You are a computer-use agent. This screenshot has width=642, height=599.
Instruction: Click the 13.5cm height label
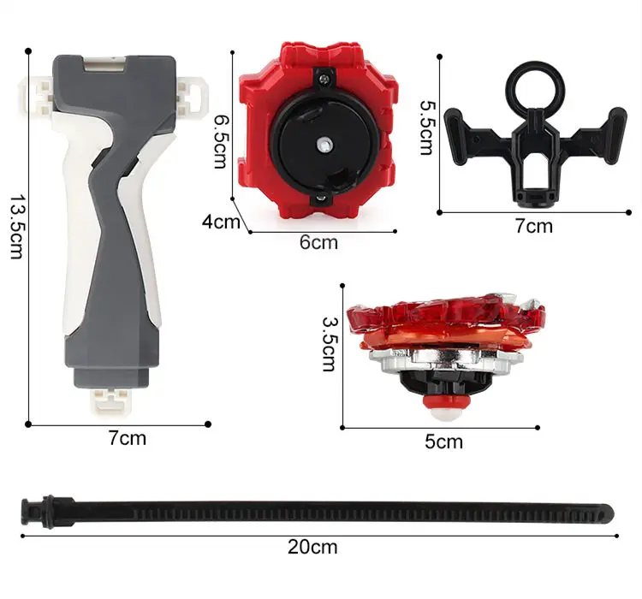pyautogui.click(x=16, y=227)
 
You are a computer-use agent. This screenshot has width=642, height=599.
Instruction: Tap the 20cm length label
pyautogui.click(x=312, y=547)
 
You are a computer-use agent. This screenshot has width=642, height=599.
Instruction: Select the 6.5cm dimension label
pyautogui.click(x=222, y=142)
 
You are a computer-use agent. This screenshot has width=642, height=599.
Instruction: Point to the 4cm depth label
pyautogui.click(x=221, y=222)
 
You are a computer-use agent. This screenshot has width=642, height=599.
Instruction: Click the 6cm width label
pyautogui.click(x=318, y=242)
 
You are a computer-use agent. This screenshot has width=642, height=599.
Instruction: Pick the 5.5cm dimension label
pyautogui.click(x=428, y=128)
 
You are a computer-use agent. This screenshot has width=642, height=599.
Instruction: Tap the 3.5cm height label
pyautogui.click(x=330, y=344)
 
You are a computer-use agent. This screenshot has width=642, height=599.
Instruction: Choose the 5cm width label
pyautogui.click(x=443, y=442)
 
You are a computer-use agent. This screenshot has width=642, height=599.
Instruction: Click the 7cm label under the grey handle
pyautogui.click(x=128, y=438)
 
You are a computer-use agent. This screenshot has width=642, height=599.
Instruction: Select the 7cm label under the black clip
pyautogui.click(x=534, y=226)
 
